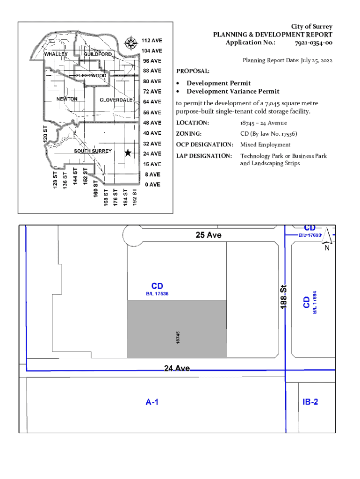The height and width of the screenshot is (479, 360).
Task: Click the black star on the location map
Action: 128,153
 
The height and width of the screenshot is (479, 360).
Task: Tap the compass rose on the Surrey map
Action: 131,43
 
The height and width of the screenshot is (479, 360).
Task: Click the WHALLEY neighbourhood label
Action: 56,54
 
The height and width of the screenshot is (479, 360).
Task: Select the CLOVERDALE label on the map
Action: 116,100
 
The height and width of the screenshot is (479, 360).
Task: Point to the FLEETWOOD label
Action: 91,75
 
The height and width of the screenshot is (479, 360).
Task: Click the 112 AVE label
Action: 152,40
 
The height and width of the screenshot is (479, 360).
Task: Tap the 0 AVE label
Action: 153,184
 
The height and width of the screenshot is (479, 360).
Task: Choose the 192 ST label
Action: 135,197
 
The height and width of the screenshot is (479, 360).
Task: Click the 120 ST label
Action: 45,134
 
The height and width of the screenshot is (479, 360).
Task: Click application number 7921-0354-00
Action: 314,43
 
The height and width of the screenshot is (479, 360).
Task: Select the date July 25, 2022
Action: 317,60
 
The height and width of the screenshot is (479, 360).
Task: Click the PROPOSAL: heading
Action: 193,71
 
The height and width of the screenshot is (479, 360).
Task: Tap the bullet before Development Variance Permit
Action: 178,91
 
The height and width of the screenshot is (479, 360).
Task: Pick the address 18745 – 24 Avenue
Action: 264,123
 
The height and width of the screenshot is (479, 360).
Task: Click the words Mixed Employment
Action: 266,145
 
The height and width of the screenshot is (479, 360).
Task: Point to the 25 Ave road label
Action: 209,235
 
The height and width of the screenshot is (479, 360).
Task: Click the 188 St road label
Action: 283,297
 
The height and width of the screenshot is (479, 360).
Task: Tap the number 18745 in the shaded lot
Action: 178,338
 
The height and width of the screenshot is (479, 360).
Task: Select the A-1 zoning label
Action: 152,402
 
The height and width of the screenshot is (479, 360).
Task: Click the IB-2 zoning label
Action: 310,402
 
